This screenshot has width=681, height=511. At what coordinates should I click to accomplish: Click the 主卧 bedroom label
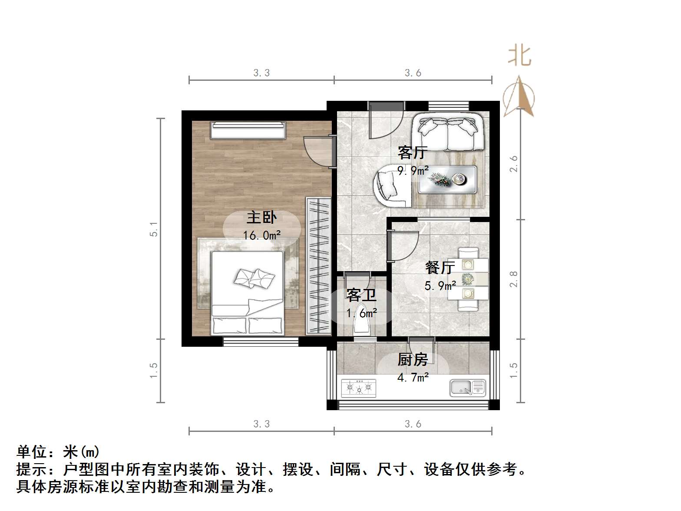pyautogui.click(x=261, y=217)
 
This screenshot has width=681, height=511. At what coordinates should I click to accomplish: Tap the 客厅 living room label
pyautogui.click(x=413, y=153)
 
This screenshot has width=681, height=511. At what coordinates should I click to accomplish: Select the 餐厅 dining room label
pyautogui.click(x=440, y=267)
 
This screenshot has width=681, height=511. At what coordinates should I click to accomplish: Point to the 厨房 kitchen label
pyautogui.click(x=413, y=359)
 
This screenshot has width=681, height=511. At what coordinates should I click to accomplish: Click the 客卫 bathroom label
pyautogui.click(x=361, y=295)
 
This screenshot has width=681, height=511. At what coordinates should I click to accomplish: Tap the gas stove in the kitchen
pyautogui.click(x=359, y=388)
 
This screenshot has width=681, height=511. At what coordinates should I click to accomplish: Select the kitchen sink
pyautogui.click(x=467, y=387)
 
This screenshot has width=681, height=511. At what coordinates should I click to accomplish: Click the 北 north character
pyautogui.click(x=519, y=56)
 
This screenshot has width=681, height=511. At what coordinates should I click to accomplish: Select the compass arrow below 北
pyautogui.click(x=519, y=97)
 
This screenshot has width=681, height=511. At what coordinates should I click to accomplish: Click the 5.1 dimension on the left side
pyautogui.click(x=153, y=229)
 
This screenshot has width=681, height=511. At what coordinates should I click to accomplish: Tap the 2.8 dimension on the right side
pyautogui.click(x=513, y=279)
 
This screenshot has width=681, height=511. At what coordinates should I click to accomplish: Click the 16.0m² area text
pyautogui.click(x=261, y=236)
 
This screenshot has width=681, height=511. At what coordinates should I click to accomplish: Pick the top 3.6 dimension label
pyautogui.click(x=413, y=73)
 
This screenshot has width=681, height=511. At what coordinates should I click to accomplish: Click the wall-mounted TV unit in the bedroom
pyautogui.click(x=248, y=130)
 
